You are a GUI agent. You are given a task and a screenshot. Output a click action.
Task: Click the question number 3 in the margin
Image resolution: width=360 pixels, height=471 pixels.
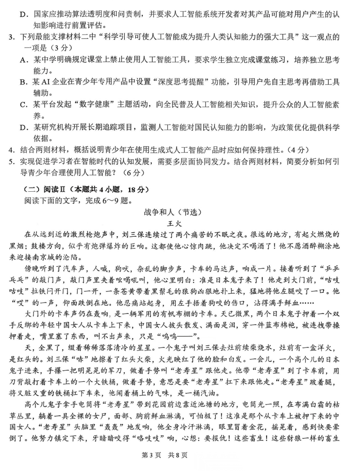tap(10, 36)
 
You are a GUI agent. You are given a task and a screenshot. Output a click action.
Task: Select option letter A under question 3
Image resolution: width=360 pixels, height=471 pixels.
tap(24, 59)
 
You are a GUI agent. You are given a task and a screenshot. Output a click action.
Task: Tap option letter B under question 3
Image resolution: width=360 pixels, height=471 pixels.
tap(24, 82)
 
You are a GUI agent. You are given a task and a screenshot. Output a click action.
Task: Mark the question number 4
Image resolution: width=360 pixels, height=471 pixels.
tap(10, 150)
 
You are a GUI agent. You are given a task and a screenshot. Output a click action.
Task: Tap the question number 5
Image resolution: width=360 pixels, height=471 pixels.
tap(10, 161)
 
